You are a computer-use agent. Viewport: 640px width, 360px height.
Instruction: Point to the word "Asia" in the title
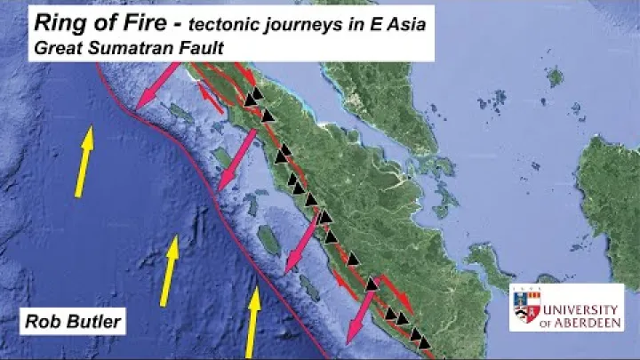pyautogui.click(x=405, y=24)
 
